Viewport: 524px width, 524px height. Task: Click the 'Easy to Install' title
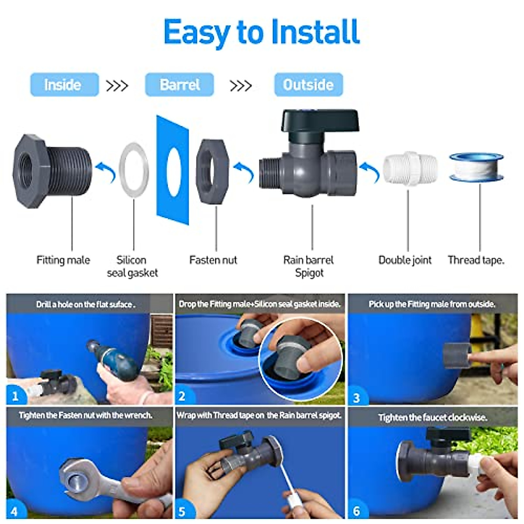tap(262, 32)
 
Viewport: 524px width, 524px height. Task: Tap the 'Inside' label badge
tap(64, 85)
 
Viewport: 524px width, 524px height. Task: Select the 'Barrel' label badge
tap(179, 85)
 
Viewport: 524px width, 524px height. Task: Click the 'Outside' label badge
tap(308, 85)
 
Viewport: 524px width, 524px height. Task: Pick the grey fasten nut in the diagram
tap(212, 171)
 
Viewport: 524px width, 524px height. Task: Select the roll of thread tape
tap(477, 167)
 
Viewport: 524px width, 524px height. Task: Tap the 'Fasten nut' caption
tap(213, 260)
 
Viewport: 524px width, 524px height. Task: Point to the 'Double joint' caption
tap(405, 260)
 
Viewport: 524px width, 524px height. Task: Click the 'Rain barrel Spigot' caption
tap(309, 266)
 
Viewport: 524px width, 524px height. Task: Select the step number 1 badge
tap(16, 396)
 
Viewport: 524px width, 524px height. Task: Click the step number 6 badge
tap(357, 510)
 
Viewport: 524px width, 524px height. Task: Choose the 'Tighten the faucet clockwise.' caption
tap(432, 417)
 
